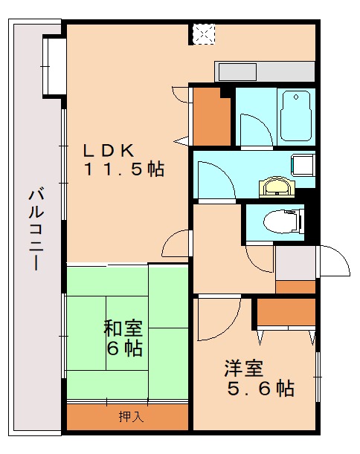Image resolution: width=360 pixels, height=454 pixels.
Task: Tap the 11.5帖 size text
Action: pos(123,169)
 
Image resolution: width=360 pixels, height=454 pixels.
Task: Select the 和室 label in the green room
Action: pos(123,327)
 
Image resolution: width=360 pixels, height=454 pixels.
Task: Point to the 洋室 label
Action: pos(243,368)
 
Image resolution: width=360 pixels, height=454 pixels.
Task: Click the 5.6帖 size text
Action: pos(260,388)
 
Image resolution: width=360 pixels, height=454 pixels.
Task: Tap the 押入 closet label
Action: pos(131,417)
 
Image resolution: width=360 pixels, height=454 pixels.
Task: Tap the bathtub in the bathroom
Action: pos(295,115)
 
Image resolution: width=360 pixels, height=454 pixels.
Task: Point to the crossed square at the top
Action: pos(203,33)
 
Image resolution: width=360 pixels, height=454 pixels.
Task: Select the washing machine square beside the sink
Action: pos(302,164)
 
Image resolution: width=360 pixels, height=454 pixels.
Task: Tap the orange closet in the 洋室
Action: pos(286,311)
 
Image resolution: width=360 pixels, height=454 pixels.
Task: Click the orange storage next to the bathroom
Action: pos(211,117)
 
